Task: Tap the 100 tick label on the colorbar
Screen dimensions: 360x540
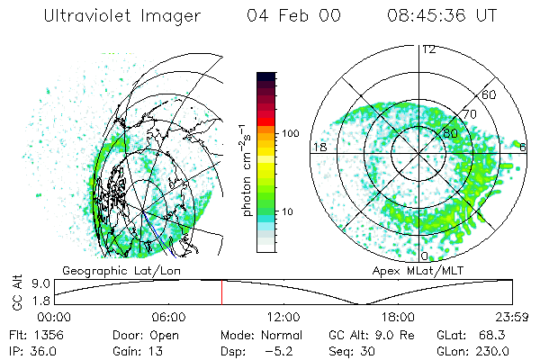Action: pos(291,133)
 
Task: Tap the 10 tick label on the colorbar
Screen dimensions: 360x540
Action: pos(288,212)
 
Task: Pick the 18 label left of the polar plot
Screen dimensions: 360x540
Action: pos(318,147)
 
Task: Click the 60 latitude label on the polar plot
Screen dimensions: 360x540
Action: pos(490,94)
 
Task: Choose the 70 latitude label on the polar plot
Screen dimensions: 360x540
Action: pos(468,114)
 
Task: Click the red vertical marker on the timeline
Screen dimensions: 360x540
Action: pos(221,292)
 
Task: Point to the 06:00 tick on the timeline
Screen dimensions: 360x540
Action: pos(168,316)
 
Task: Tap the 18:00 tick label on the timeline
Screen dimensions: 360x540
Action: pos(398,316)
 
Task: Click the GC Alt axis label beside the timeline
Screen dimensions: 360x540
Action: pos(13,292)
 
